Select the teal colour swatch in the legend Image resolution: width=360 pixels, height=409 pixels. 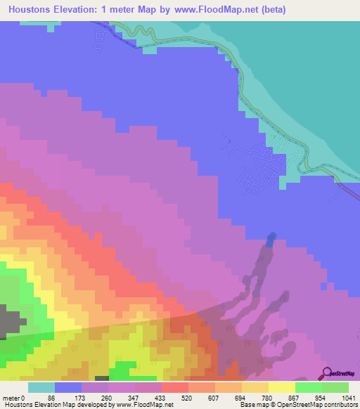41,387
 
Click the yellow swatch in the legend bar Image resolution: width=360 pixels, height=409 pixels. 281,387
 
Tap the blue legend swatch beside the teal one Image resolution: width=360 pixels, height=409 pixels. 67,387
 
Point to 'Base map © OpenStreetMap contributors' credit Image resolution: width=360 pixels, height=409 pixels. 297,404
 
